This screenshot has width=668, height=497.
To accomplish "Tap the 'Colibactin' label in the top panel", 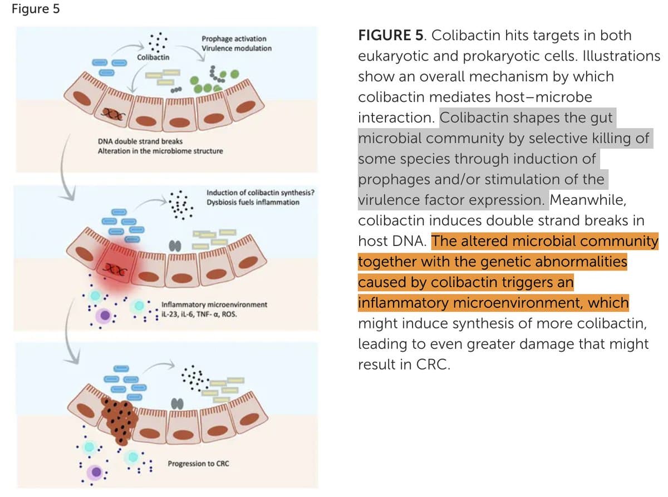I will pyautogui.click(x=154, y=57).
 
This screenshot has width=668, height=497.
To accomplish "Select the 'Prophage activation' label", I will pyautogui.click(x=234, y=39).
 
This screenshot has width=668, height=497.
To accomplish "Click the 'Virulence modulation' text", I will pyautogui.click(x=237, y=48).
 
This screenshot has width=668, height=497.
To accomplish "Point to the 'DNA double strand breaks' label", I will pyautogui.click(x=140, y=141).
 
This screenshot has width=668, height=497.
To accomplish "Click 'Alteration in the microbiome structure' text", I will pyautogui.click(x=160, y=151).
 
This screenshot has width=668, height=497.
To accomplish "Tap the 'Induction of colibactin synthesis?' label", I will pyautogui.click(x=260, y=193).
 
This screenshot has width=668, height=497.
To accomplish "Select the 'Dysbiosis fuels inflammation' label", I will pyautogui.click(x=253, y=202).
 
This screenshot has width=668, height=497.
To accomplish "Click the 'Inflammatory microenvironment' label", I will pyautogui.click(x=214, y=305).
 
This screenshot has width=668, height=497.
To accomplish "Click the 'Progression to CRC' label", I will pyautogui.click(x=198, y=464).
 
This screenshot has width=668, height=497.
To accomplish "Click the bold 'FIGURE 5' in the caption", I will pyautogui.click(x=392, y=36).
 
